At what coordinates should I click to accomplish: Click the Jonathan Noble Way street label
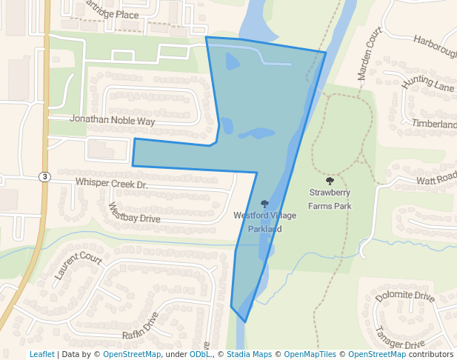point(113,119)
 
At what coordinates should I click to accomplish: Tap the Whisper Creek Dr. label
point(112,182)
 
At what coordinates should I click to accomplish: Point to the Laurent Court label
point(77,266)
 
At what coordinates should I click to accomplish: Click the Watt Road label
point(436,179)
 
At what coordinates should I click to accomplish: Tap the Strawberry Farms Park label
point(330,200)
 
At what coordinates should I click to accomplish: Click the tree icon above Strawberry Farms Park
point(330,181)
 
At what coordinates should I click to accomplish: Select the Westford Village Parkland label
point(264,222)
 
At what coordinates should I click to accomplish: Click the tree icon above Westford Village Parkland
point(264,204)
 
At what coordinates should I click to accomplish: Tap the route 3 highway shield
point(45,176)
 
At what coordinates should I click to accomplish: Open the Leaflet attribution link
point(42,355)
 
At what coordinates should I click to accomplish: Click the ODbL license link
point(200,355)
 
